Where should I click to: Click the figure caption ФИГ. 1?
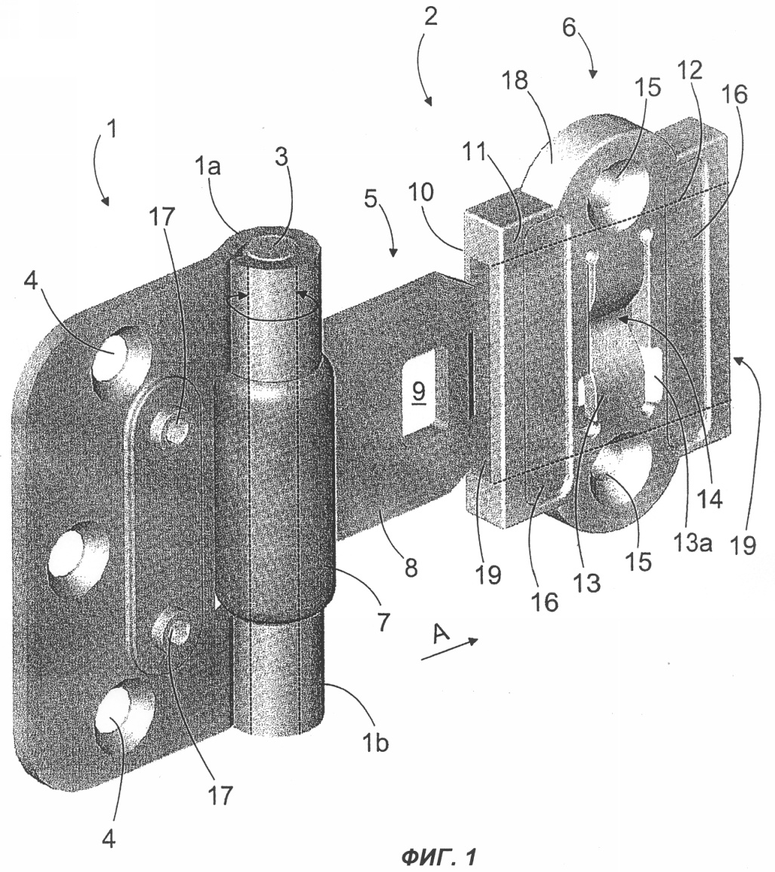coord(438,856)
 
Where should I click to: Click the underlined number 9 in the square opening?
coord(419,392)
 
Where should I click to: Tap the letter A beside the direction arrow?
coord(441,633)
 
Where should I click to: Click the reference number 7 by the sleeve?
coord(383,621)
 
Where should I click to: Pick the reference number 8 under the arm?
coord(411,568)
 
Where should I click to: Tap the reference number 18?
coord(514,80)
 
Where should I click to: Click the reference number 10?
coord(421,192)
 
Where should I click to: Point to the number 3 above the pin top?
coord(282,157)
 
